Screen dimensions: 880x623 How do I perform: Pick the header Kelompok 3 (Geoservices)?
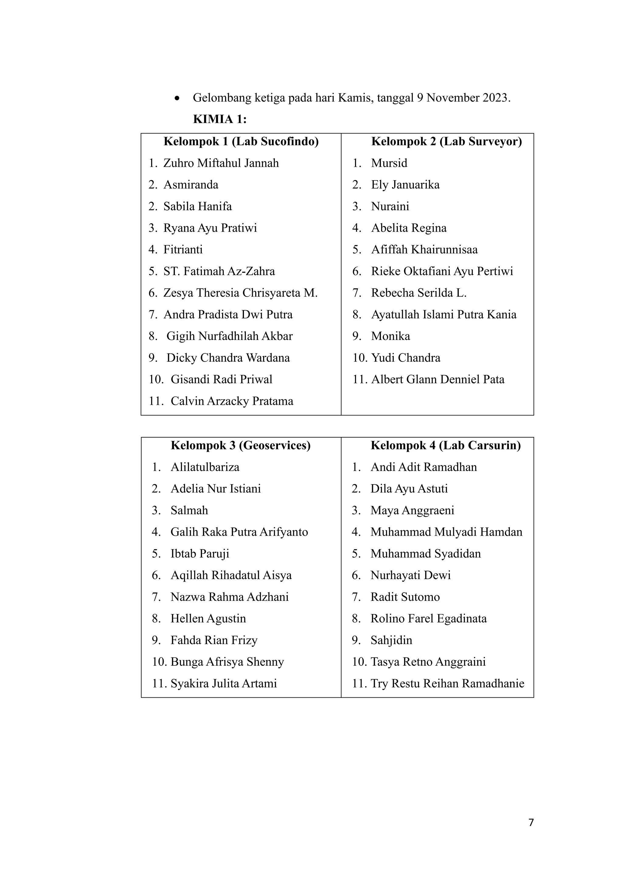241,445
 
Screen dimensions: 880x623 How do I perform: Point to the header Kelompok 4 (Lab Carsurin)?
445,445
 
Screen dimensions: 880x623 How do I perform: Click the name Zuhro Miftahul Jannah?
221,163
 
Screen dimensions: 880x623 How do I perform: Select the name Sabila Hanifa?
197,206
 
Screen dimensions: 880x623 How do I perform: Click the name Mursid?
389,163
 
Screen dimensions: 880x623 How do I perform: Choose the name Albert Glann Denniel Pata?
437,380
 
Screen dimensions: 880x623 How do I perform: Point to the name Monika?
390,336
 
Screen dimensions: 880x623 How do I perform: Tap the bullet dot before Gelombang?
177,98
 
